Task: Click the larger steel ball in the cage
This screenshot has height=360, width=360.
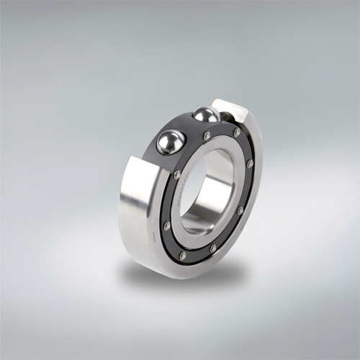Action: click(x=171, y=141)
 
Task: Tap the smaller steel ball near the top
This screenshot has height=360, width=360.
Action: click(x=206, y=114)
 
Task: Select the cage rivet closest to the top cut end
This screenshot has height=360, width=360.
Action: click(x=237, y=132)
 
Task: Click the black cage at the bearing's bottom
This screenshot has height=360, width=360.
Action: click(x=194, y=253)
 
